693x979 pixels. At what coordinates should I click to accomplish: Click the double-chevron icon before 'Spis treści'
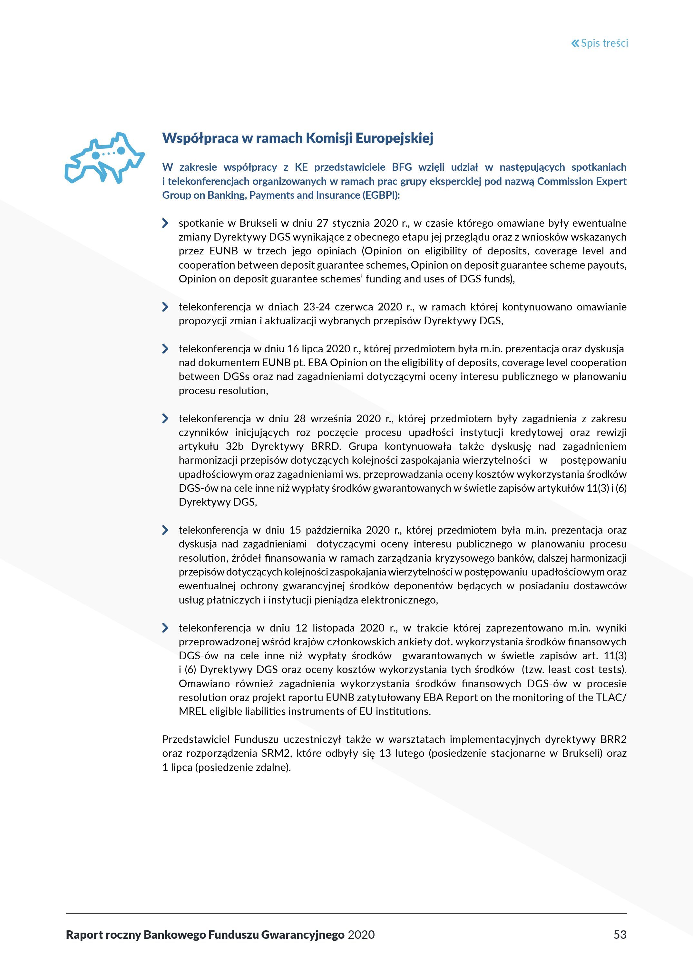point(575,43)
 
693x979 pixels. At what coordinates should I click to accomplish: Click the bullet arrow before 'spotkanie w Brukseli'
point(165,223)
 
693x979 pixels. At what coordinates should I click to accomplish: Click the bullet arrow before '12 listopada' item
point(165,628)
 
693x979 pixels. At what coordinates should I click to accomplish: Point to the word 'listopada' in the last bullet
point(333,628)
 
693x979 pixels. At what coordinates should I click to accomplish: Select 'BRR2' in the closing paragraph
point(613,739)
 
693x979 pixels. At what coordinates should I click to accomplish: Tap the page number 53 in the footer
point(620,935)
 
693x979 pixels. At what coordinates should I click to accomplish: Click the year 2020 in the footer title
point(361,935)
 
